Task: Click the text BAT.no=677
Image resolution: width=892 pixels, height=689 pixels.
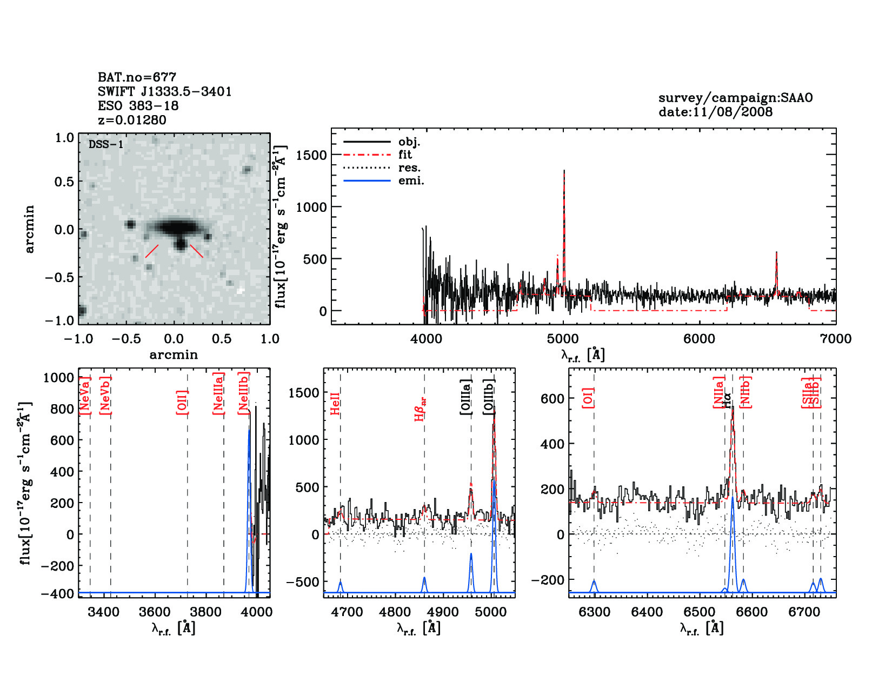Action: coord(137,77)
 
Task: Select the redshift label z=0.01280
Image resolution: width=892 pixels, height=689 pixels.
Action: coord(132,120)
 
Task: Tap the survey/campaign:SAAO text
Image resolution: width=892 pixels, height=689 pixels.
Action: coord(735,98)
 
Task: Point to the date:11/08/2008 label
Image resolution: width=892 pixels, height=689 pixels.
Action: coord(715,112)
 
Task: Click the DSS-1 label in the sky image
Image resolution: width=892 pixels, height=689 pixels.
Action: coord(106,144)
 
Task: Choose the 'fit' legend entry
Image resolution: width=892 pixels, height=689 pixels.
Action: coord(405,155)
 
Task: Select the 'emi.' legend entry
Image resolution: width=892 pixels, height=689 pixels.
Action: coord(411,180)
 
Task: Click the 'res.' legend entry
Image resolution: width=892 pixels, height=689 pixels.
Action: coord(409,168)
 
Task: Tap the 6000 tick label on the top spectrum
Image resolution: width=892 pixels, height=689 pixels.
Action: coord(699,339)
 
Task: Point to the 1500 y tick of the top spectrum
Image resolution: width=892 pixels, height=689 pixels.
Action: coord(311,155)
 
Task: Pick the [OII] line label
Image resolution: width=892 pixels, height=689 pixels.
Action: coord(182,402)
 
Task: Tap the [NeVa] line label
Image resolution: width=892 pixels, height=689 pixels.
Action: coord(84,396)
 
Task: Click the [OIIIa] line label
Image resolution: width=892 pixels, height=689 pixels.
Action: coord(466,397)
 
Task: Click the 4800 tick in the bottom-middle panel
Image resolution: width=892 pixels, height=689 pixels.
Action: coord(395,612)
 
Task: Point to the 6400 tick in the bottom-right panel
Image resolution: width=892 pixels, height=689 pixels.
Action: coord(647,612)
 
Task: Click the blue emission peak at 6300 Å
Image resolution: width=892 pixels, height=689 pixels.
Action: coord(594,581)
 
